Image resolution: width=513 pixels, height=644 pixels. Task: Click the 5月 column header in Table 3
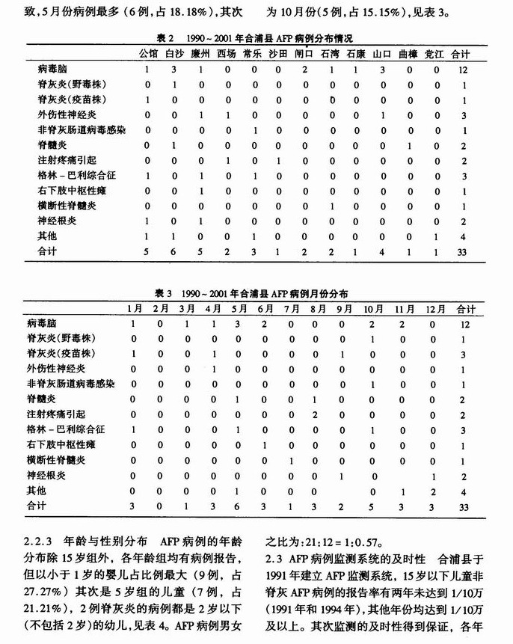click(x=239, y=308)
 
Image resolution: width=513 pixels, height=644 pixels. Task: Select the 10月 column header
click(x=372, y=308)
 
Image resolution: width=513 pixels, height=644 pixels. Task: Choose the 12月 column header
click(x=434, y=308)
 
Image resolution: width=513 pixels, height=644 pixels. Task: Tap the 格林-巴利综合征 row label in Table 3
click(x=72, y=430)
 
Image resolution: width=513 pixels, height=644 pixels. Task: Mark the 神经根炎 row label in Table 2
click(x=59, y=221)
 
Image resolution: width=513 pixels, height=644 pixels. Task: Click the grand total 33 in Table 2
click(x=461, y=252)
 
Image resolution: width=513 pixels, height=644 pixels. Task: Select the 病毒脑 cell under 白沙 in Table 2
click(x=174, y=69)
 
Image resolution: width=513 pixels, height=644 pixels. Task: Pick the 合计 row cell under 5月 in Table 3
click(x=239, y=507)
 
